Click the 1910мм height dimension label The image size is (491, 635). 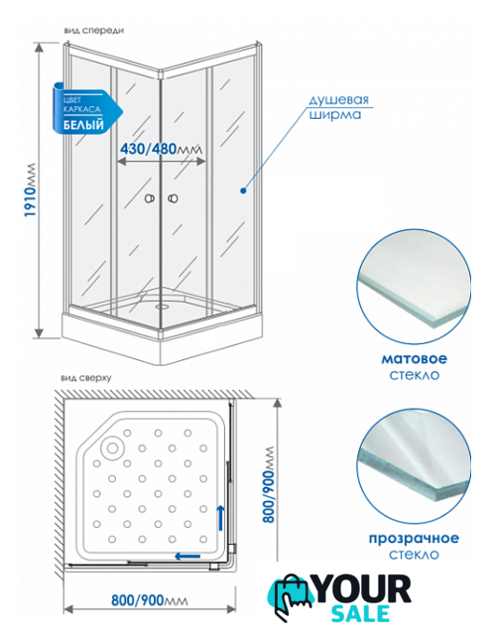tap(30, 190)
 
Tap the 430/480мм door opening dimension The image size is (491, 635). tap(161, 149)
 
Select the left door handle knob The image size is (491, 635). tap(150, 198)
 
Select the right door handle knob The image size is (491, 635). tap(173, 198)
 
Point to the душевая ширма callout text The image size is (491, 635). tap(339, 107)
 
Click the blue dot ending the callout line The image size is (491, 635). tap(243, 190)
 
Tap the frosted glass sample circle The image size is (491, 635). tap(414, 287)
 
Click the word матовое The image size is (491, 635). tap(414, 358)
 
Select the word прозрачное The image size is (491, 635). tap(414, 538)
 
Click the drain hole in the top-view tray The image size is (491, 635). tap(112, 447)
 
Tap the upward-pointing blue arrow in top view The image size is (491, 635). tap(220, 518)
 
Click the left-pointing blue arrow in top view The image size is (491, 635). tap(187, 556)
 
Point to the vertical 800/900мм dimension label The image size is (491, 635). tap(268, 485)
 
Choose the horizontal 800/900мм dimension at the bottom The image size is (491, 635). tap(150, 600)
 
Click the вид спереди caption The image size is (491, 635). tap(94, 31)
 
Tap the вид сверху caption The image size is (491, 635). tap(86, 379)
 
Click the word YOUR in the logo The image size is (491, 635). tap(362, 589)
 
